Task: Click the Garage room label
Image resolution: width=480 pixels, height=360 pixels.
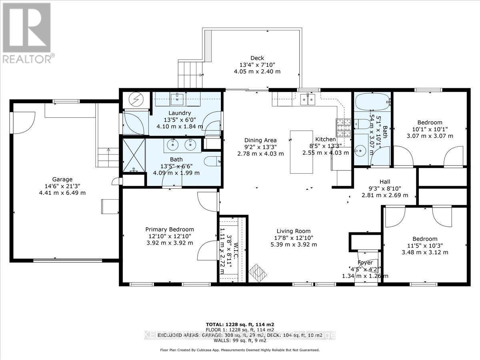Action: pos(62,179)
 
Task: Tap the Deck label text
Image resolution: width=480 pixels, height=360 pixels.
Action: pos(257,58)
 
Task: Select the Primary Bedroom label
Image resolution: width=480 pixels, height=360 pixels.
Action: pos(169,229)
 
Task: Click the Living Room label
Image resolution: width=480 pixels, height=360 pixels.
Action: pos(294,231)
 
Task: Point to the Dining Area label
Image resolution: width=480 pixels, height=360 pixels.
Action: pos(260,140)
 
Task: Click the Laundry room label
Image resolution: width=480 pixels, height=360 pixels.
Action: pos(180,113)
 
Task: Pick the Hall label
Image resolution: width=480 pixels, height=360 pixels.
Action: pos(384,180)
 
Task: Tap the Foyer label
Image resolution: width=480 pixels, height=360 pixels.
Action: pos(365,263)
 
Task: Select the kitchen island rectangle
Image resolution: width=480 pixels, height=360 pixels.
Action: pos(302,152)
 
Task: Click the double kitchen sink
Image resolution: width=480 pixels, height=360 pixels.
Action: pos(307,98)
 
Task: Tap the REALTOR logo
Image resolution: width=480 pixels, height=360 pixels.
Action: pos(27,32)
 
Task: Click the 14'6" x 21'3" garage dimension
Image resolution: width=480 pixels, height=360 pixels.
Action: pos(62,186)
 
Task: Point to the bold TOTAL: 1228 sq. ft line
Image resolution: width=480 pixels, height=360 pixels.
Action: pos(240,324)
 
